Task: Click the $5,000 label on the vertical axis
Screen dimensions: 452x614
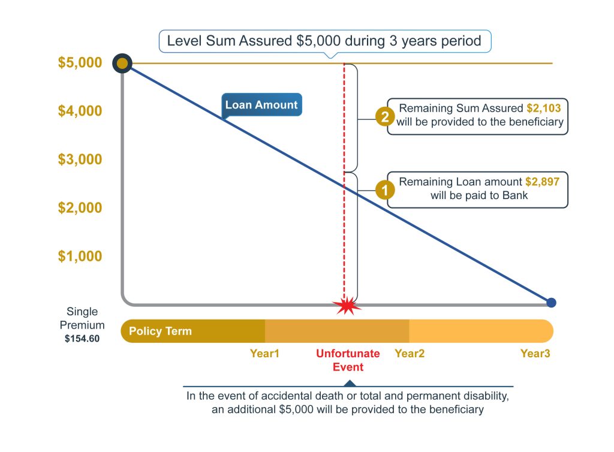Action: tap(80, 63)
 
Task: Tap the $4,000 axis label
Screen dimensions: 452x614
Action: tap(80, 111)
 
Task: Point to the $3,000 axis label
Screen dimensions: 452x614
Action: tap(80, 159)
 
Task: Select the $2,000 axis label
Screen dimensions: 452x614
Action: tap(80, 208)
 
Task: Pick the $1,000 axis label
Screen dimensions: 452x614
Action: tap(80, 257)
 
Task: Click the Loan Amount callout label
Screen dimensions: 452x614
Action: tap(261, 105)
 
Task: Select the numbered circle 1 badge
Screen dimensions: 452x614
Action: tap(384, 191)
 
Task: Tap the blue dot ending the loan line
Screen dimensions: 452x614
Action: tap(551, 303)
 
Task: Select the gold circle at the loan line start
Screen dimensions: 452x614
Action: tap(123, 63)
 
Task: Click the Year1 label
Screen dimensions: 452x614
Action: tap(264, 354)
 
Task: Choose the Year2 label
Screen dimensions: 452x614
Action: tap(410, 354)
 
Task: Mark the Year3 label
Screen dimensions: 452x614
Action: tap(535, 354)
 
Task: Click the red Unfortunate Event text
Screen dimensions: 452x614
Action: tap(348, 360)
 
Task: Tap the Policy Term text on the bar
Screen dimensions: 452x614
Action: tap(160, 331)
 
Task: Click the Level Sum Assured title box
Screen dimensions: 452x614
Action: tap(324, 41)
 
